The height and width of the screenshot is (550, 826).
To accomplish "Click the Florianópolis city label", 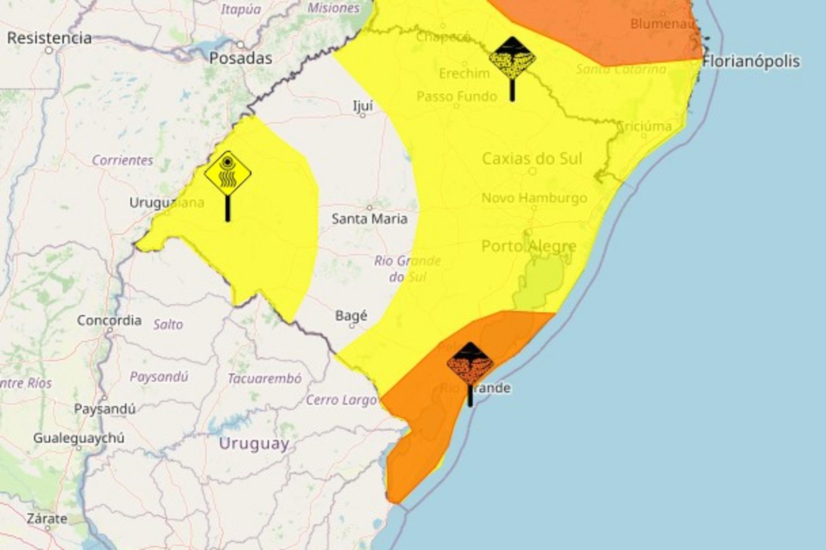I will pos(751,62).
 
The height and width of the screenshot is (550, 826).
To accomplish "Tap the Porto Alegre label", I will pos(529,246).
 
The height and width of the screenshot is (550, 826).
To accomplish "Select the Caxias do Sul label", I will pos(532,159).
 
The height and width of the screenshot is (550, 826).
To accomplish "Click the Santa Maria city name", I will pos(369,219).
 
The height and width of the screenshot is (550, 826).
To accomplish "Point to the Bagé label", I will pos(351,316).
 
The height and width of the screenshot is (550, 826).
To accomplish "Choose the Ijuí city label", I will pos(363,106).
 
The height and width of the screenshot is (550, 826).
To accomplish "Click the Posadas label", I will pos(241,58).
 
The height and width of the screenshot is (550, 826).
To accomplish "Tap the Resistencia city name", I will pos(50,38).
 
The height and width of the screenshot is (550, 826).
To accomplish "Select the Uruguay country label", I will pos(254,444).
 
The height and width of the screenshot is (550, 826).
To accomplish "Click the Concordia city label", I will pos(109,321).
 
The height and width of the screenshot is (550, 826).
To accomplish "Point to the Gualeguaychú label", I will pos(79,438).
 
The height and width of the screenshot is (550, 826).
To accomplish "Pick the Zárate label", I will pos(47,519).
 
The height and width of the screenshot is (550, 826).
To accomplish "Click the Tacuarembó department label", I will pos(265,379).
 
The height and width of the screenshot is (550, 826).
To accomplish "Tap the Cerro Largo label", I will pos(341,400).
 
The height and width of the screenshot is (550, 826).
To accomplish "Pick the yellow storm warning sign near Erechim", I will pos(512,59).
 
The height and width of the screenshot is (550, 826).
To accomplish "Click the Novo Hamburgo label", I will pos(534,198).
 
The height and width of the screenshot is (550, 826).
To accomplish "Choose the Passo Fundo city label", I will pos(457,96).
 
